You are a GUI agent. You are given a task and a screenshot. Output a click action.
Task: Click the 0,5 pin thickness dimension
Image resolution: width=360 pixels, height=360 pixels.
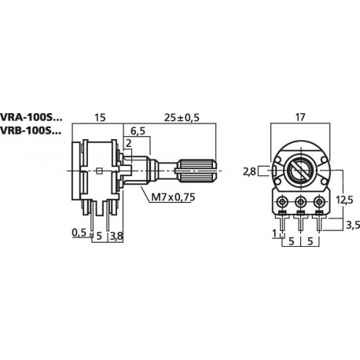(x=79, y=233)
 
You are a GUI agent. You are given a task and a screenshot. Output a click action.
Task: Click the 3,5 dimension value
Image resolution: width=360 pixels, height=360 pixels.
(x=353, y=225)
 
